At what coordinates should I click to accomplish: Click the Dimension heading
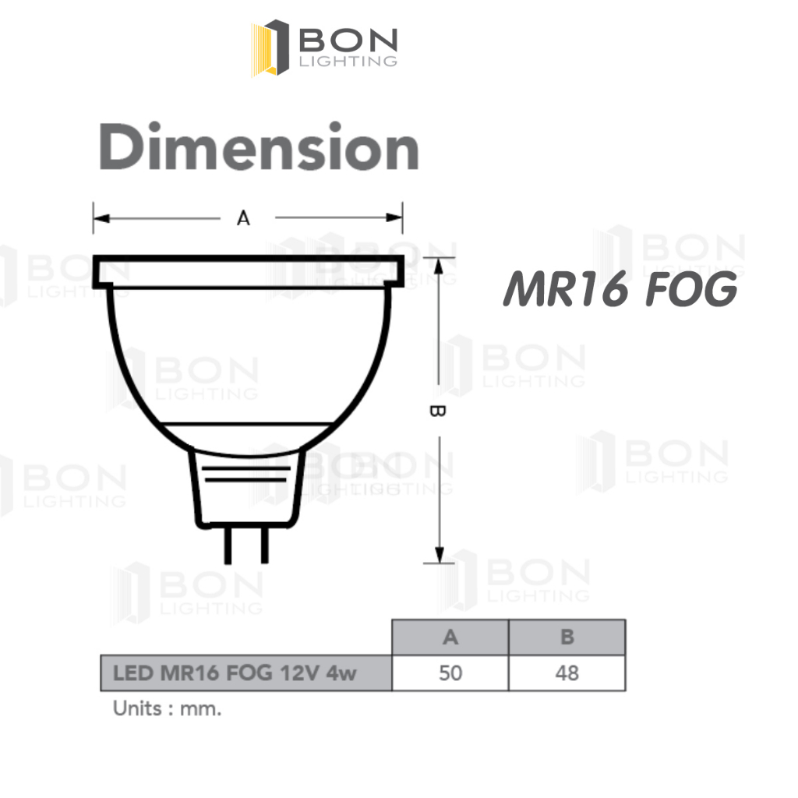point(259,147)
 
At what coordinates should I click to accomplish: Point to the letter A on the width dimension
point(244,219)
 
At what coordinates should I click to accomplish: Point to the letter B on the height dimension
point(438,411)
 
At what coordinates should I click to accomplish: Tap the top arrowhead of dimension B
point(440,266)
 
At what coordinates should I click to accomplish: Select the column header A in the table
point(450,637)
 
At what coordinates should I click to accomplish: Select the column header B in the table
point(567,637)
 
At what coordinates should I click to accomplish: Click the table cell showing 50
point(450,673)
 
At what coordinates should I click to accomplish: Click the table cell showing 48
point(567,673)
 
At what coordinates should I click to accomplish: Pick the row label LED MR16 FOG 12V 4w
point(235,673)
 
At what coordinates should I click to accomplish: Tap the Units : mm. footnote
point(168,709)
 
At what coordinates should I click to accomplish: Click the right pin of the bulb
point(263,545)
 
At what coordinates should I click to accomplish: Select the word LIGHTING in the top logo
point(349,61)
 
